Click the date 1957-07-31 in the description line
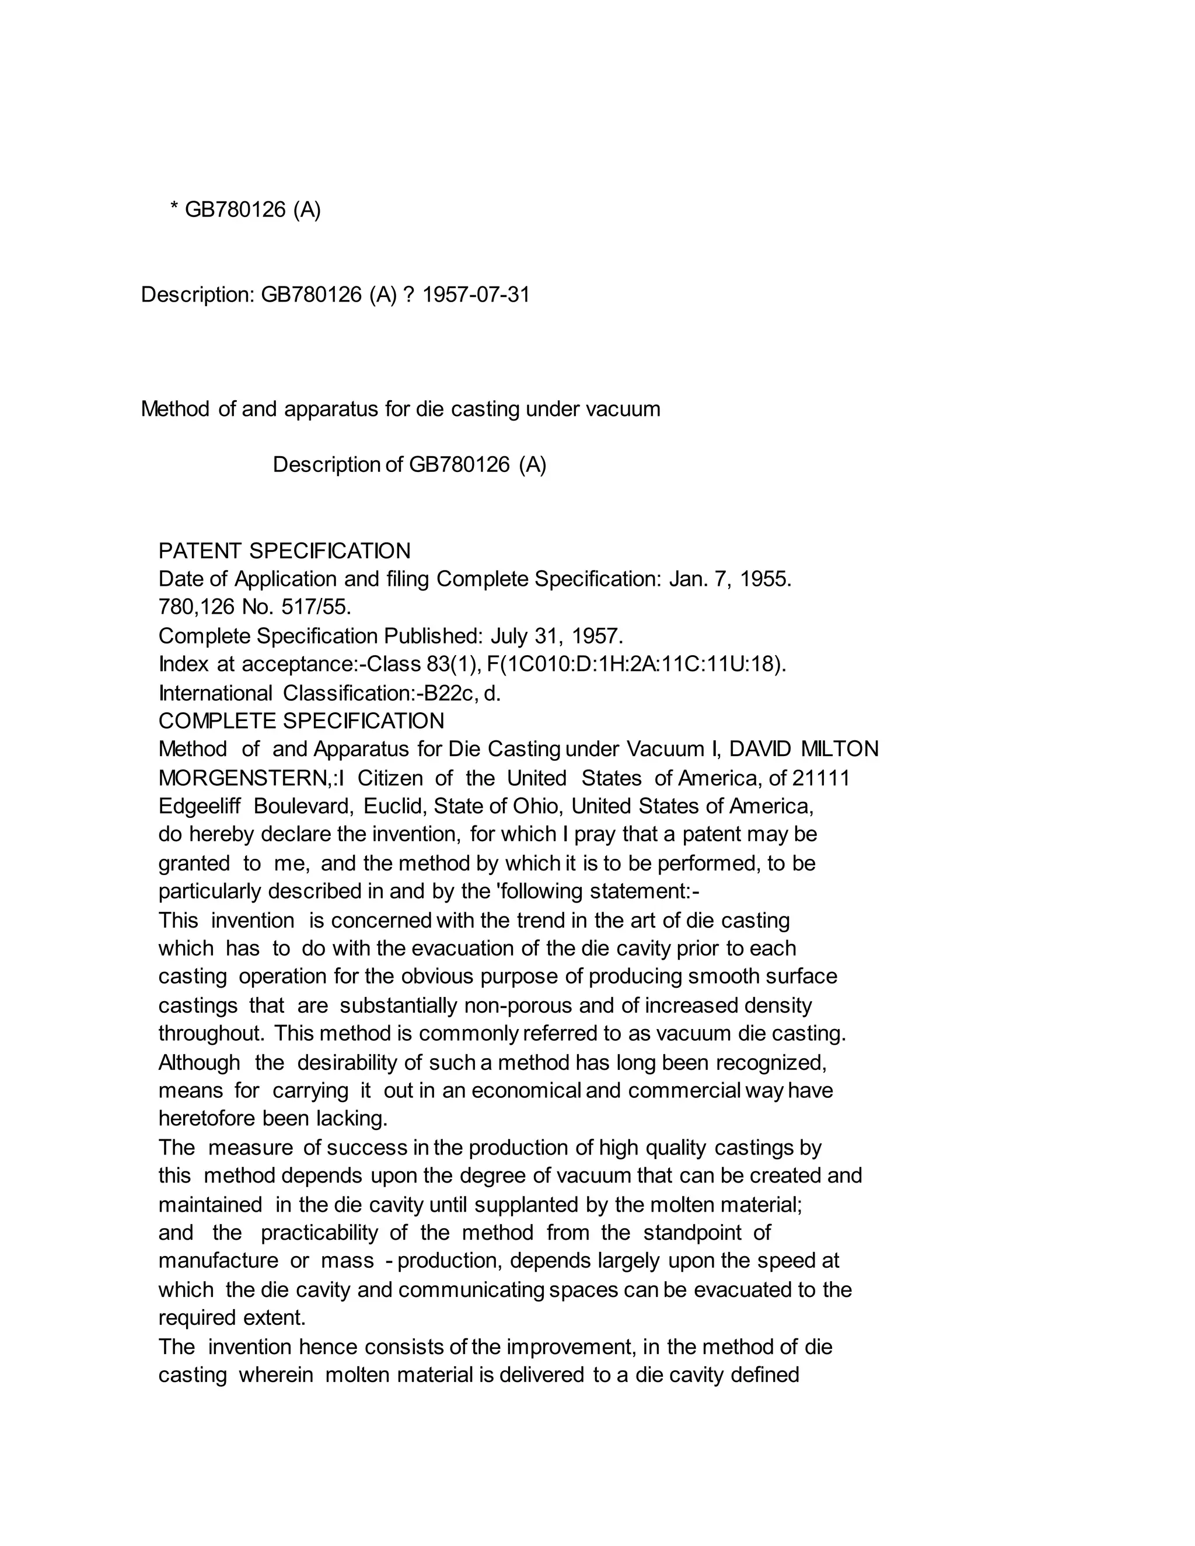(x=476, y=295)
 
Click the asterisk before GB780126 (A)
(x=174, y=209)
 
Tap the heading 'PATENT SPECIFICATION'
(x=284, y=551)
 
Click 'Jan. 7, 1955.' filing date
(x=730, y=579)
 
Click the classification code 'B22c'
(x=448, y=693)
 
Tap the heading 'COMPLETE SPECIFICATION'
(x=301, y=720)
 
